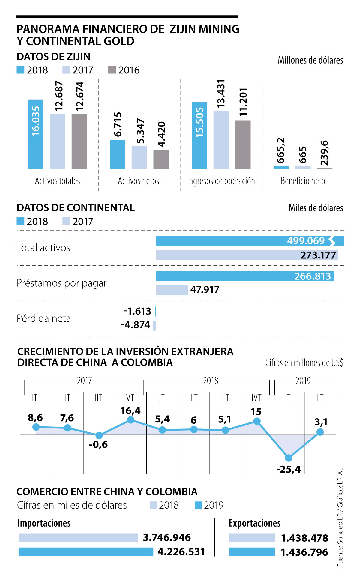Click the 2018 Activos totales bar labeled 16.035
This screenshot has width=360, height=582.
click(x=35, y=134)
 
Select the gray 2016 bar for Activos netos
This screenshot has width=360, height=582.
click(x=161, y=159)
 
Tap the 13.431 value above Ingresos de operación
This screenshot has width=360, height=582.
click(x=221, y=94)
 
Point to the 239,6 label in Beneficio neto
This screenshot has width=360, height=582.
click(x=324, y=153)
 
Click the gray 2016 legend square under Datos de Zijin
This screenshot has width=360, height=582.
click(x=112, y=70)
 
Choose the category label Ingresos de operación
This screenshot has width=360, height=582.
click(x=221, y=181)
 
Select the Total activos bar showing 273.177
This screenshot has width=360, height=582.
click(x=247, y=255)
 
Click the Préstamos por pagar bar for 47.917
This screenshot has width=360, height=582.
click(x=172, y=290)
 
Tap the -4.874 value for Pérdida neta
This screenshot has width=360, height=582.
click(x=136, y=325)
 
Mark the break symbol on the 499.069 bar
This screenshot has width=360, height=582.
click(x=332, y=241)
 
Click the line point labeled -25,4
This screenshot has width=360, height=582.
click(x=288, y=458)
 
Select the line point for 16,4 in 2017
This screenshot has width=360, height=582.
click(x=130, y=420)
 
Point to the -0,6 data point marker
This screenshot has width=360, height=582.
click(x=99, y=435)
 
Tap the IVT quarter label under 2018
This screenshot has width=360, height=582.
click(x=256, y=398)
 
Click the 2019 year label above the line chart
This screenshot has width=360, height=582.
click(x=303, y=381)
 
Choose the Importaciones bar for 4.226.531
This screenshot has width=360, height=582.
click(x=86, y=552)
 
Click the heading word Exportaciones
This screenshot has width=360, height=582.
click(x=254, y=523)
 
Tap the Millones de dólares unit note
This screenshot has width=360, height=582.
click(x=310, y=60)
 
